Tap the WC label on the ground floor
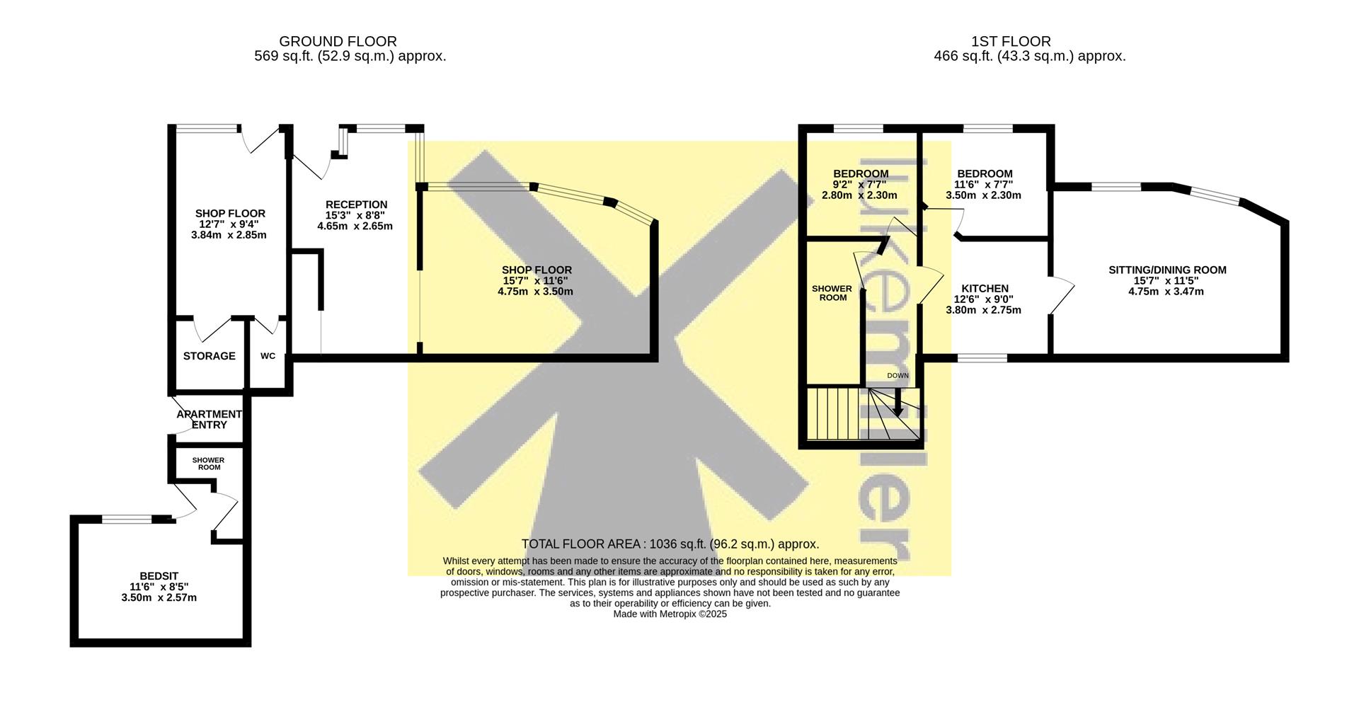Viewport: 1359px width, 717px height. pyautogui.click(x=268, y=356)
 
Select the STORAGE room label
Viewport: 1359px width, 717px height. pyautogui.click(x=209, y=356)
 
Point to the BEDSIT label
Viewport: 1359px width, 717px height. pyautogui.click(x=159, y=576)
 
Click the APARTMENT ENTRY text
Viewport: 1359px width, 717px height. pyautogui.click(x=209, y=420)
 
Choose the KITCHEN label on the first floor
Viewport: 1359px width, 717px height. pyautogui.click(x=985, y=289)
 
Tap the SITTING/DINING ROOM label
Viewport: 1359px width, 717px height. pyautogui.click(x=1166, y=270)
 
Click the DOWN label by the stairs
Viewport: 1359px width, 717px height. pyautogui.click(x=898, y=376)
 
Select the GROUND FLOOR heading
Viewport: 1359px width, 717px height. pyautogui.click(x=338, y=42)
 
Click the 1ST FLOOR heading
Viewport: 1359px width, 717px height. pyautogui.click(x=1011, y=42)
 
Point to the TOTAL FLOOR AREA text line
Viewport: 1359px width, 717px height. pyautogui.click(x=670, y=544)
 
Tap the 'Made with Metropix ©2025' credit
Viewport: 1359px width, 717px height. pyautogui.click(x=670, y=614)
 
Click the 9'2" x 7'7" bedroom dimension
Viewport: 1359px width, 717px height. pyautogui.click(x=860, y=185)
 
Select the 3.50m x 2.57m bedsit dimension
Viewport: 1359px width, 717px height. pyautogui.click(x=159, y=597)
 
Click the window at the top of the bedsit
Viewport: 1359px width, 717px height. pyautogui.click(x=127, y=520)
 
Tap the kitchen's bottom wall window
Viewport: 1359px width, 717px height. pyautogui.click(x=982, y=358)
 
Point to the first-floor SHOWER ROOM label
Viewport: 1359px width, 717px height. pyautogui.click(x=832, y=293)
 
